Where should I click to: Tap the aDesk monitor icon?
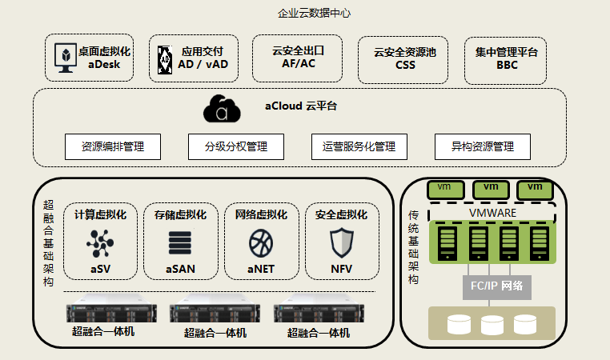62,57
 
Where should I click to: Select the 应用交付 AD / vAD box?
194,58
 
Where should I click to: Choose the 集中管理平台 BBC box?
506,58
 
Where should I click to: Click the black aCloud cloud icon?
223,109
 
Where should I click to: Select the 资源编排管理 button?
113,147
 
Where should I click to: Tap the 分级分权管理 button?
236,147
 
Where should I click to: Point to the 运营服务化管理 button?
359,147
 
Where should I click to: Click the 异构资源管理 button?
483,147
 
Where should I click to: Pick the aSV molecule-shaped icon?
101,241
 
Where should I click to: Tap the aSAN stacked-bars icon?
181,242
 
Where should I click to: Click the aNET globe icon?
261,241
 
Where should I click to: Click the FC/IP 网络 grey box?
496,286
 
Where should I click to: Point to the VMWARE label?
492,213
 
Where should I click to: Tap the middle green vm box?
491,188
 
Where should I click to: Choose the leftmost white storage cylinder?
458,324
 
